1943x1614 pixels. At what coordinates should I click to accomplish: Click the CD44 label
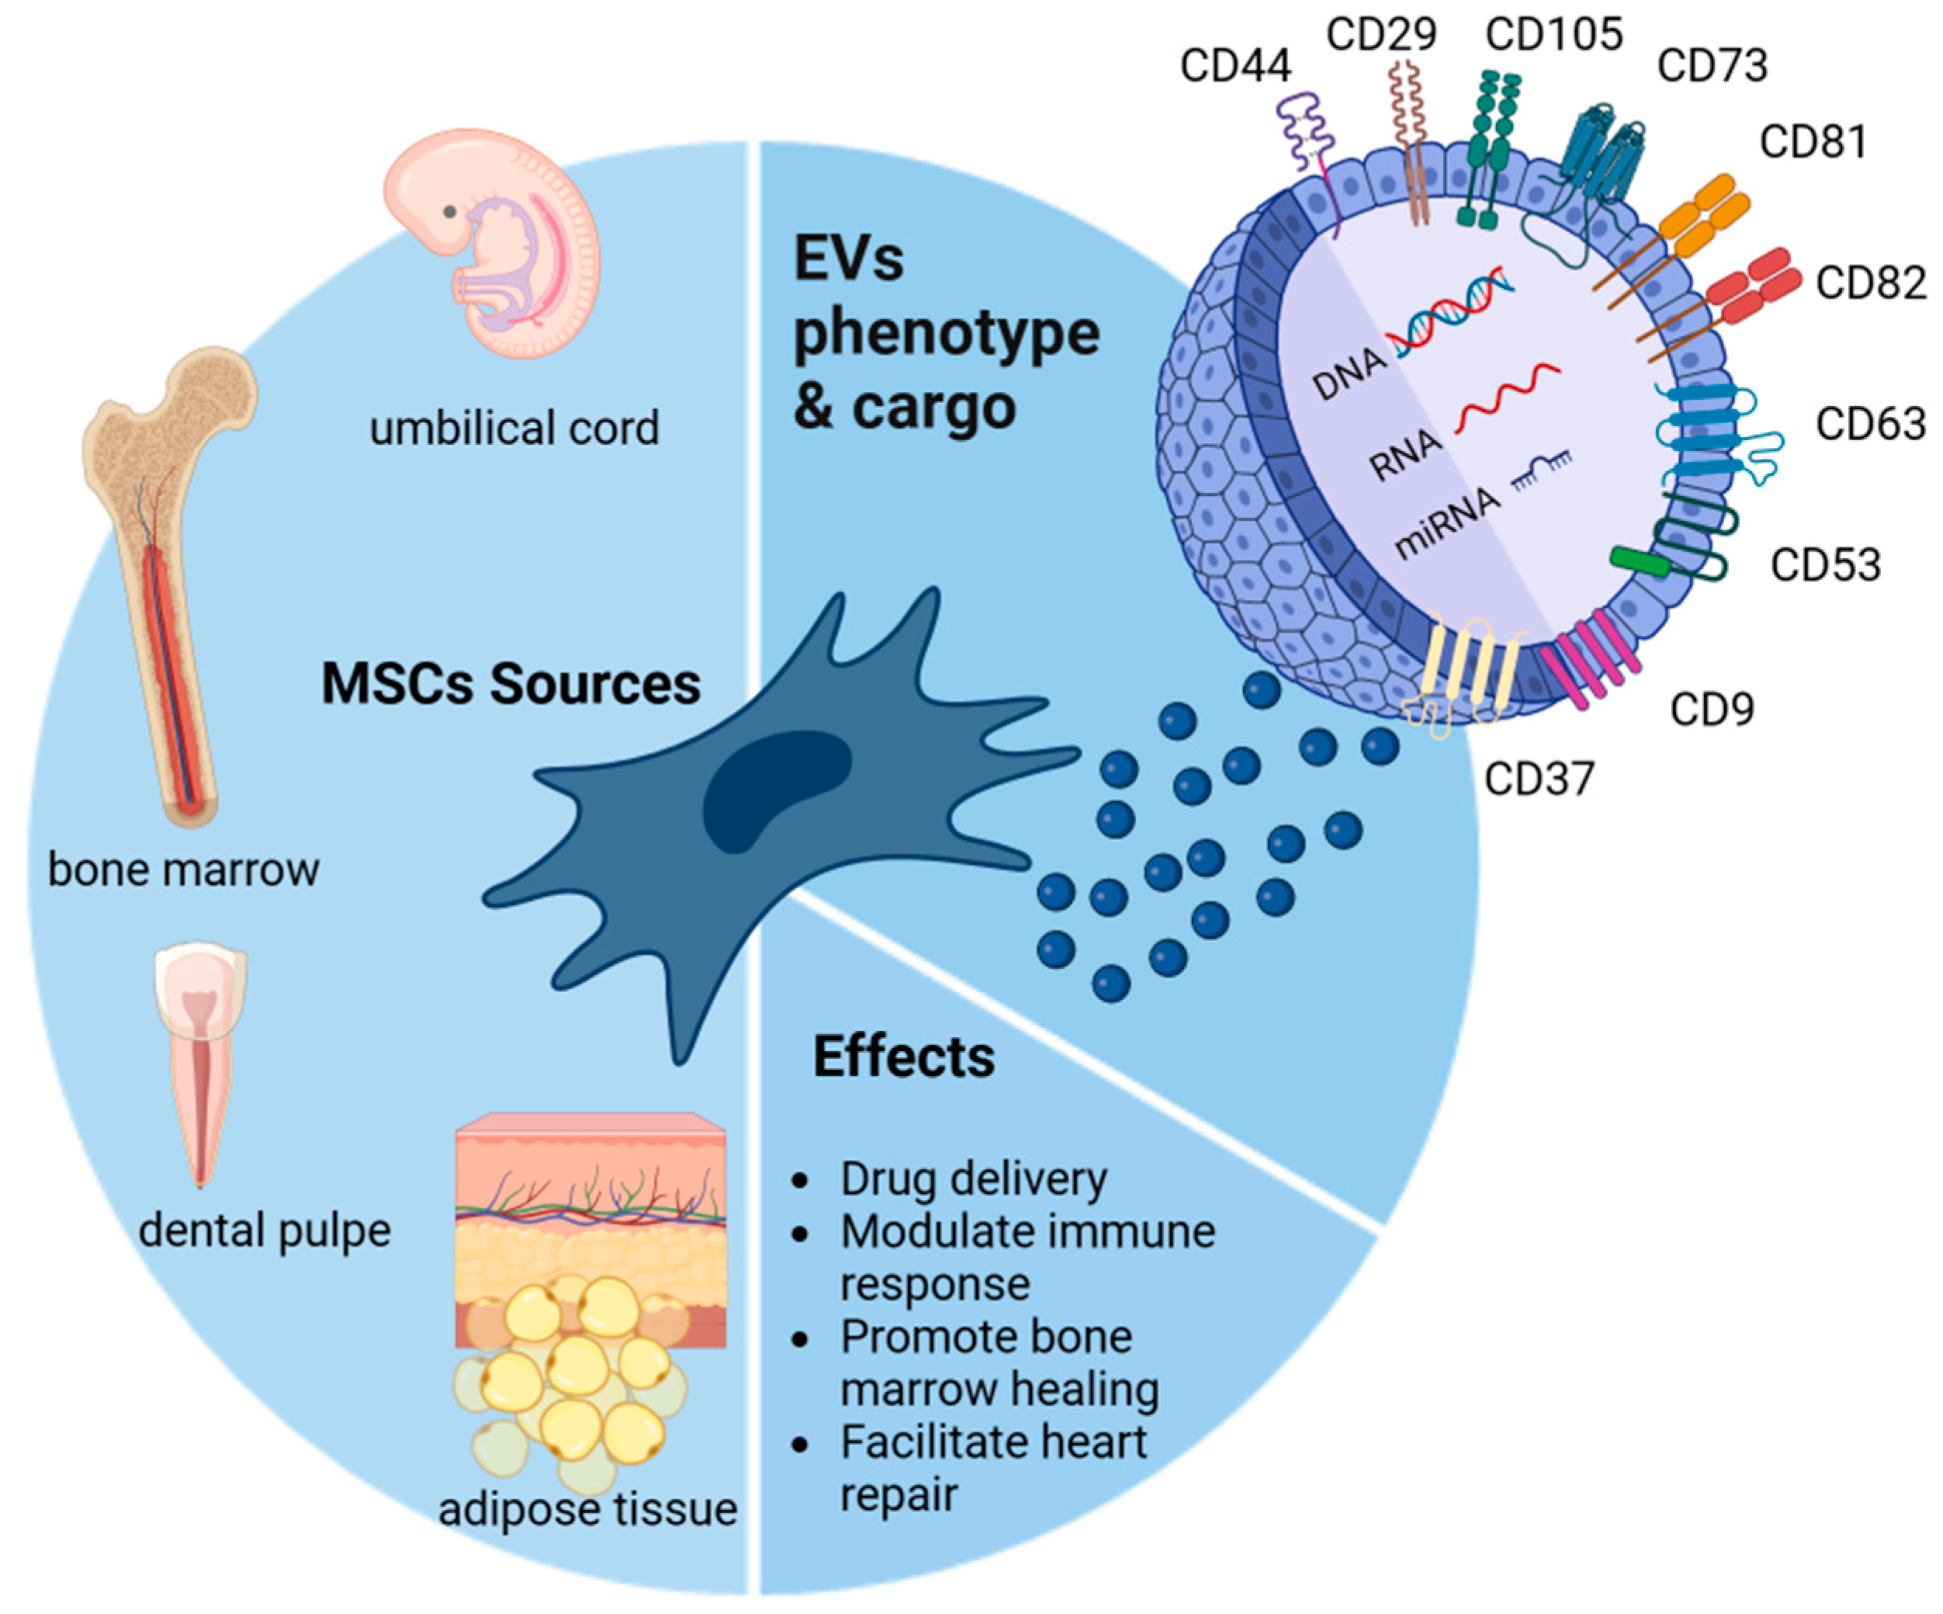tap(1235, 66)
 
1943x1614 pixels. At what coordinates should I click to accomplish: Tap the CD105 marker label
tap(1554, 34)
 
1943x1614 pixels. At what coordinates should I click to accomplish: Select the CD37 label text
tap(1540, 779)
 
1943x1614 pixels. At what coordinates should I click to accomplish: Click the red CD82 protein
tap(1721, 300)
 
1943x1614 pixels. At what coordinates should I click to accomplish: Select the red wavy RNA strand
tap(1508, 398)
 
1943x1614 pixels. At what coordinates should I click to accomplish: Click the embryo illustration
tap(492, 242)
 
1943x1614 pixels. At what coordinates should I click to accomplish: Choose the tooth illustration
tap(201, 1064)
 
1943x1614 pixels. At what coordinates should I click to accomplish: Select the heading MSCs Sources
tap(511, 684)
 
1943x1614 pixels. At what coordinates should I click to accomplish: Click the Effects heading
tap(904, 1057)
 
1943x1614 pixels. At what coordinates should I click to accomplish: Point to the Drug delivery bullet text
tap(973, 1180)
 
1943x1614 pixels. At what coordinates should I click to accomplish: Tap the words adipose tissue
tap(587, 1509)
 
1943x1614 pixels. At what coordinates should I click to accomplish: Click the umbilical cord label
tap(514, 428)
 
